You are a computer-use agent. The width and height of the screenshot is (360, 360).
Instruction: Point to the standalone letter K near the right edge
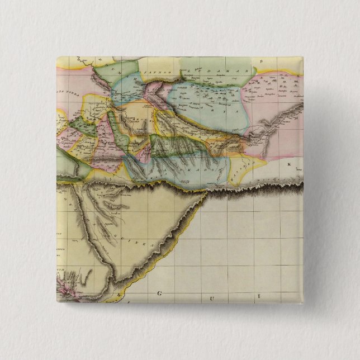(x=289, y=164)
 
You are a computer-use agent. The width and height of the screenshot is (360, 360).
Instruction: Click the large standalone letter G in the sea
(x=160, y=293)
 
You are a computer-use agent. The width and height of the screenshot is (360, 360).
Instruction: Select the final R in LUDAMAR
(x=237, y=70)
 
